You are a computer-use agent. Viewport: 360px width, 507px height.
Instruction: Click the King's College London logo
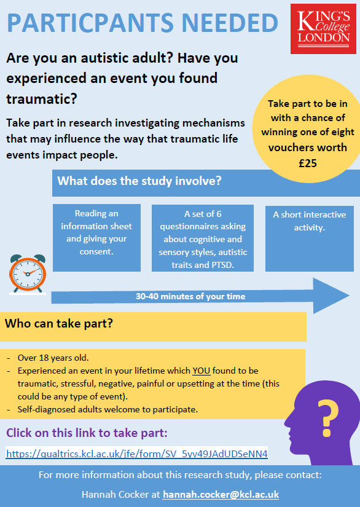click(324, 28)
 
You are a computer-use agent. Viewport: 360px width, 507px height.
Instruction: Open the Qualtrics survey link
click(136, 454)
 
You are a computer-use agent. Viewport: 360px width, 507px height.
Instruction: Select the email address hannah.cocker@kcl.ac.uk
click(221, 494)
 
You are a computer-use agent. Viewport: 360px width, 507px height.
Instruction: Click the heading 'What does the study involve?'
click(139, 182)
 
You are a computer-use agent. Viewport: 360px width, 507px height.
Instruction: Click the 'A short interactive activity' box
click(310, 221)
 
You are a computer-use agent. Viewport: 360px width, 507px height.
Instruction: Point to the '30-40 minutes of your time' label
click(190, 296)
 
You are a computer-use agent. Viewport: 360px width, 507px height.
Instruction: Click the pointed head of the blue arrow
click(332, 296)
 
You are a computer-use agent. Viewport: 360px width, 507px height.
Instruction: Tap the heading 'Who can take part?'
click(59, 323)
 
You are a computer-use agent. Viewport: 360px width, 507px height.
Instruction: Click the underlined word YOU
click(201, 371)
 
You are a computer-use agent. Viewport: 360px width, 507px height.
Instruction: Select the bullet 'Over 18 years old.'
click(53, 358)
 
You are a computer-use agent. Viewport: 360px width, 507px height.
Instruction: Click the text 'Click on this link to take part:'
click(87, 433)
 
